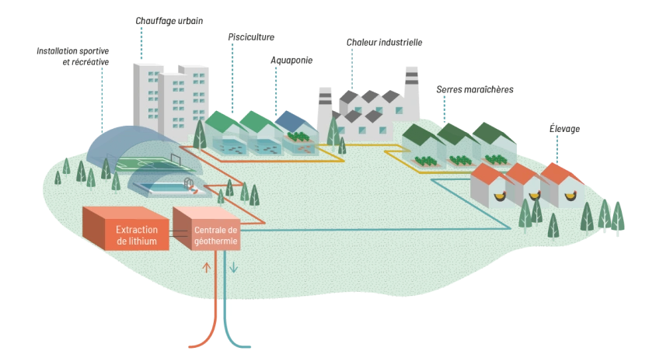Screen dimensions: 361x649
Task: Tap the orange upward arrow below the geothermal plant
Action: click(x=207, y=268)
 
